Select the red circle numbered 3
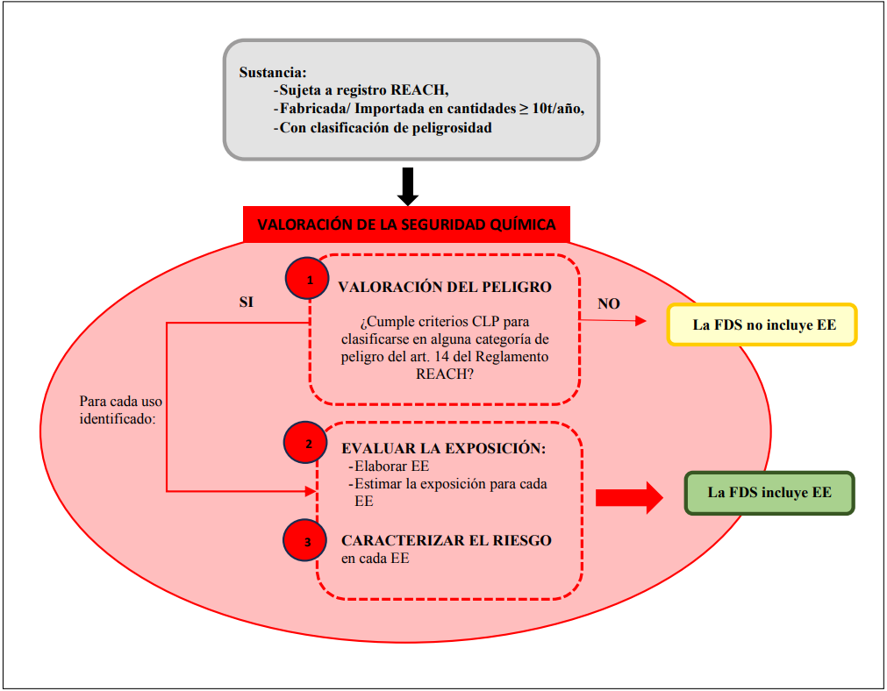point(307,541)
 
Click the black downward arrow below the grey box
point(408,184)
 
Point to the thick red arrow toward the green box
point(630,497)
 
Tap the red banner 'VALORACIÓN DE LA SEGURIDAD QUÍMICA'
point(406,224)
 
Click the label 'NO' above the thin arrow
point(609,303)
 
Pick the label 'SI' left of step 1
point(248,301)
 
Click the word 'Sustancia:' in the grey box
point(272,72)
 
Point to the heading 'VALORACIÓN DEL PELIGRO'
point(445,287)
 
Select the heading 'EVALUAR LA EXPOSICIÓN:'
point(444,448)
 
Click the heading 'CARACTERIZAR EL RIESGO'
point(447,540)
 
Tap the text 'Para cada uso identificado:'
point(120,410)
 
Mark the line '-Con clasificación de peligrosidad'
point(383,127)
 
